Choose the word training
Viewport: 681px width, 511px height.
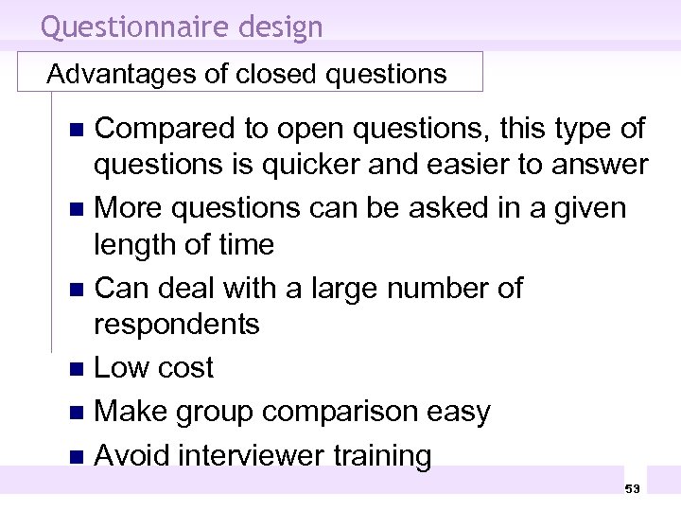[390, 455]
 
